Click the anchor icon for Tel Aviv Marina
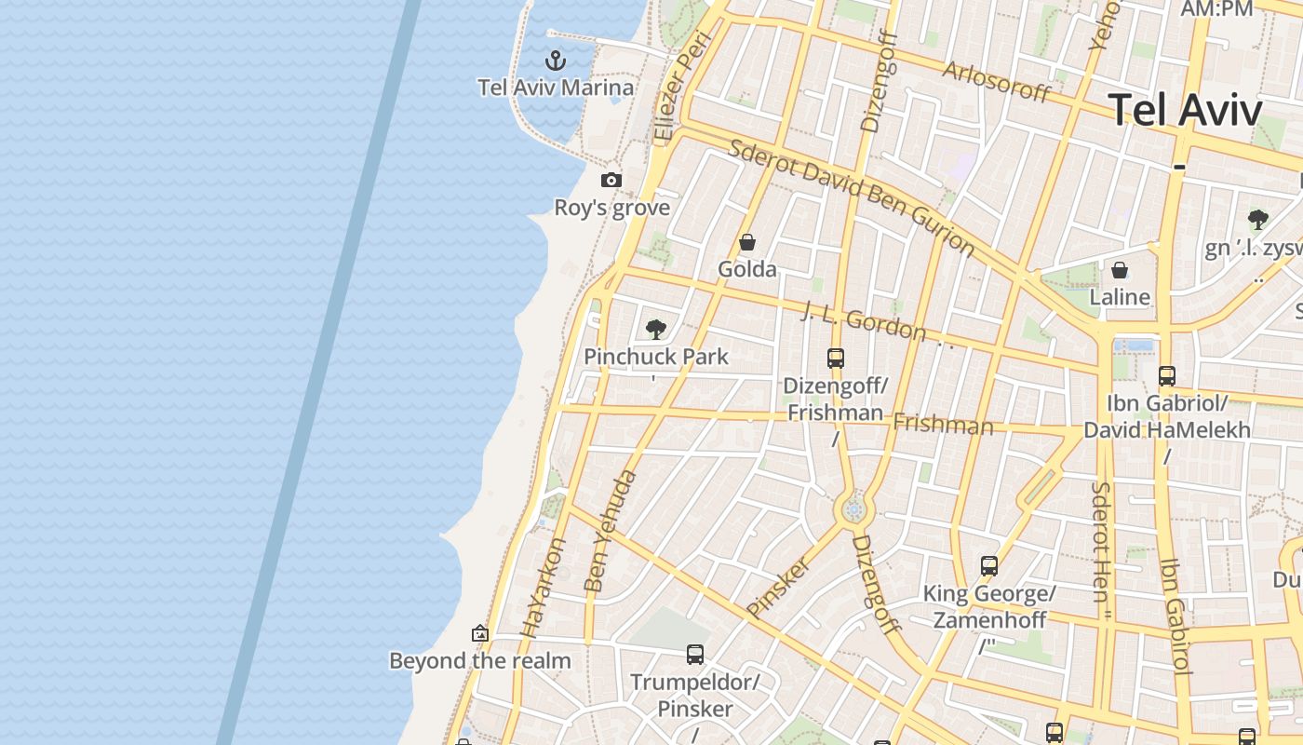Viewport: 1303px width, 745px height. pyautogui.click(x=556, y=61)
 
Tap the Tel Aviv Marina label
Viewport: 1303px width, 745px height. pyautogui.click(x=556, y=88)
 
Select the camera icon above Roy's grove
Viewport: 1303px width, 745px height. pyautogui.click(x=611, y=180)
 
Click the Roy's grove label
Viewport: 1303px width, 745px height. pyautogui.click(x=611, y=207)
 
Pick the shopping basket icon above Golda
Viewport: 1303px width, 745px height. pyautogui.click(x=746, y=242)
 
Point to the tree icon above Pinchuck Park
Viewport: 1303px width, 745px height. pyautogui.click(x=656, y=329)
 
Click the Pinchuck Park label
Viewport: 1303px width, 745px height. pyautogui.click(x=656, y=357)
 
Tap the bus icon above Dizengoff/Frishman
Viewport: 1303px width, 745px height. pyautogui.click(x=836, y=358)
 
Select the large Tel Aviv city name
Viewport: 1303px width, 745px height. pyautogui.click(x=1185, y=110)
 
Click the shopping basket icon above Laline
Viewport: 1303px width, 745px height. pyautogui.click(x=1120, y=270)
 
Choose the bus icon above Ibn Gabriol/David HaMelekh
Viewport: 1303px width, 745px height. pyautogui.click(x=1166, y=376)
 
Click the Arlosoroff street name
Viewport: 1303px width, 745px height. pyautogui.click(x=997, y=82)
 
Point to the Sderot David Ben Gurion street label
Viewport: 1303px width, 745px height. pyautogui.click(x=851, y=198)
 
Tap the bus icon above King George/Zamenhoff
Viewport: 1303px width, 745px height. pyautogui.click(x=989, y=566)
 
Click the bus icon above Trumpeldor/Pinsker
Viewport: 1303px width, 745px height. pyautogui.click(x=695, y=655)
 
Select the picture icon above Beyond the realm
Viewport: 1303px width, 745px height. pyautogui.click(x=480, y=633)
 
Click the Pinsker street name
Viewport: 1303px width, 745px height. pyautogui.click(x=778, y=587)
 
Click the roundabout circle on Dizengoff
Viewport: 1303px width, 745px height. pyautogui.click(x=853, y=509)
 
